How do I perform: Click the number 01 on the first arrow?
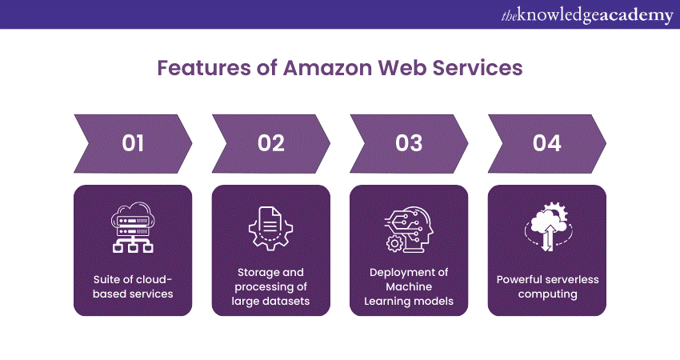(133, 143)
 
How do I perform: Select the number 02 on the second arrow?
(271, 143)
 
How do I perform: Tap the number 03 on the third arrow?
(409, 143)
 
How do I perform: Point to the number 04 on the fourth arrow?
(547, 143)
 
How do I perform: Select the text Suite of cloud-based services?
(133, 286)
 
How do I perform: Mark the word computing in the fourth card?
(547, 294)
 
